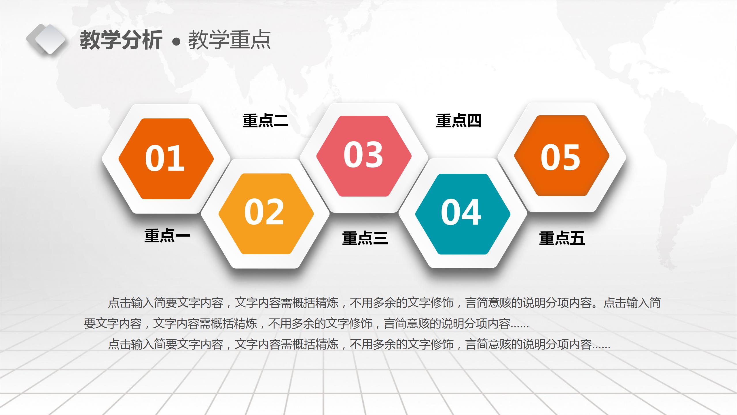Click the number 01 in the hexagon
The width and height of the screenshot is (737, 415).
coord(165,158)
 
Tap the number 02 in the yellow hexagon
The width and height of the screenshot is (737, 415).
coord(264,212)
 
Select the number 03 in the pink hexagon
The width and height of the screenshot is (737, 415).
coord(363,155)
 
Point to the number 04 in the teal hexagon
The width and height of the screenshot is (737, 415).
coord(461,212)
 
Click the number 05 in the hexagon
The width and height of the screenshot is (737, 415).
coord(560,157)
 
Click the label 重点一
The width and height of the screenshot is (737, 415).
coord(167,236)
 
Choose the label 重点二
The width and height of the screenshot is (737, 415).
coord(265,120)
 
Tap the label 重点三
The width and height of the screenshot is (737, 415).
coord(365,238)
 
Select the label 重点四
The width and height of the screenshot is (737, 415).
coord(459,120)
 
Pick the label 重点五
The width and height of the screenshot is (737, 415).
coord(562,238)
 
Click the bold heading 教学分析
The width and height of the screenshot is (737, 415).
coord(121,40)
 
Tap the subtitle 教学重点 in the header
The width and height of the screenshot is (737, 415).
coord(229,40)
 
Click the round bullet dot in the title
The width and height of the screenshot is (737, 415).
coord(176,42)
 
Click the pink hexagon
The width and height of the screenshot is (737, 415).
coord(364,182)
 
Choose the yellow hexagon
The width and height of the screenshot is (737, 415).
coord(266,239)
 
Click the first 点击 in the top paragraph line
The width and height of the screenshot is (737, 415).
coord(119,303)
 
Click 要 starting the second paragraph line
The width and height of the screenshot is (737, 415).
coord(90,324)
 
